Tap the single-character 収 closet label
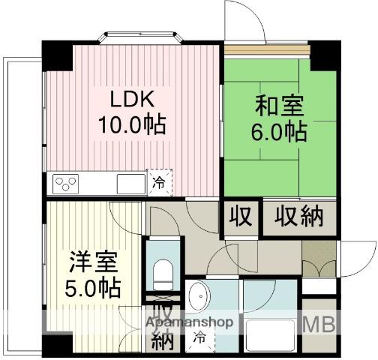[x=240, y=217]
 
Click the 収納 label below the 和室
[x=298, y=217]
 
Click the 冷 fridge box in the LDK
[x=159, y=181]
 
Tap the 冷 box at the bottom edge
[x=199, y=338]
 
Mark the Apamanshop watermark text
[x=190, y=323]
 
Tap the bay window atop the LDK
[x=142, y=36]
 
